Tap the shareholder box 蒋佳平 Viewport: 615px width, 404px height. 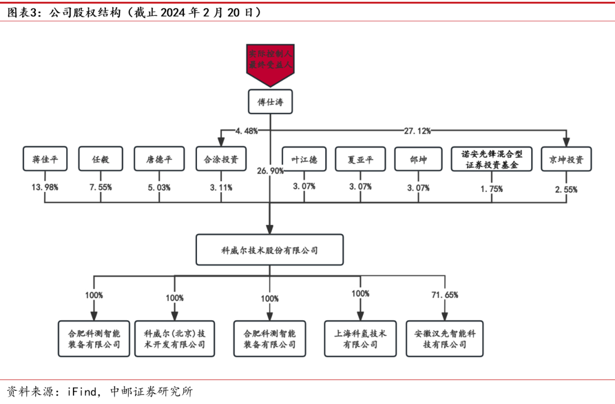pyautogui.click(x=44, y=159)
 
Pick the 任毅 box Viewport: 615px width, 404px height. pyautogui.click(x=101, y=159)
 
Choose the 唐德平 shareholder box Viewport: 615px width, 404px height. pyautogui.click(x=160, y=159)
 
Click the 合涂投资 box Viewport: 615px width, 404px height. pyautogui.click(x=221, y=159)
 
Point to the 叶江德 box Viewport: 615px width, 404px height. pyautogui.click(x=304, y=159)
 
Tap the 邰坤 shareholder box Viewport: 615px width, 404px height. pyautogui.click(x=419, y=159)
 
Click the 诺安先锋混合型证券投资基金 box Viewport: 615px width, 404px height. pyautogui.click(x=491, y=159)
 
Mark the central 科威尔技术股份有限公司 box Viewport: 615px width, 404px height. pyautogui.click(x=269, y=250)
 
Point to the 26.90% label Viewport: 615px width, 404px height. pyautogui.click(x=270, y=171)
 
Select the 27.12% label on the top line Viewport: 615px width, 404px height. pyautogui.click(x=417, y=130)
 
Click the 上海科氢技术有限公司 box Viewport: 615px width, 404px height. pyautogui.click(x=360, y=338)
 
